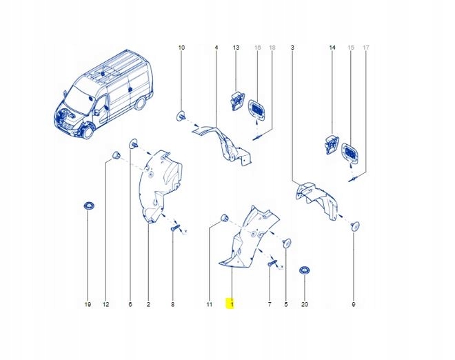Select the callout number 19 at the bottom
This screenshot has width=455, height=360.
88,304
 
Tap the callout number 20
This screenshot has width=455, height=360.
305,304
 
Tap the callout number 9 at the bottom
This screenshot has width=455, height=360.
354,304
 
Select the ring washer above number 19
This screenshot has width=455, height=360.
88,206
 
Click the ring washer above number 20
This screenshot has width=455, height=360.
305,270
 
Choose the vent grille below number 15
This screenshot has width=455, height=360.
350,154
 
